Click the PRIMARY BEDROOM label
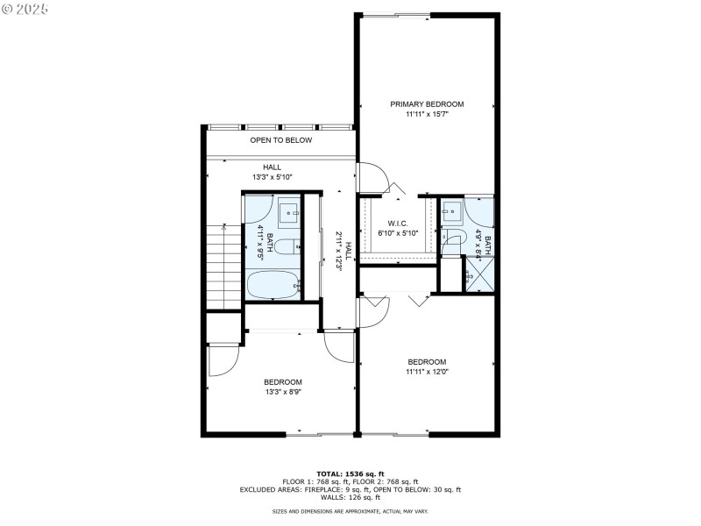[x=427, y=103]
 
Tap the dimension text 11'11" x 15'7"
[x=427, y=114]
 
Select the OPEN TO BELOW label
[x=281, y=140]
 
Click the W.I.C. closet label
[x=399, y=224]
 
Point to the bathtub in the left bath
[x=273, y=286]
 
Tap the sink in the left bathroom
[x=289, y=212]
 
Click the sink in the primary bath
[x=452, y=210]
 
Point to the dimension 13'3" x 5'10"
[x=273, y=176]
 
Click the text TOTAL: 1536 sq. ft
[x=350, y=473]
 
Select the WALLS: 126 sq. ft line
[x=350, y=496]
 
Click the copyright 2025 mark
[x=26, y=8]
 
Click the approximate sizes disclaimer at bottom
[x=350, y=511]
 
